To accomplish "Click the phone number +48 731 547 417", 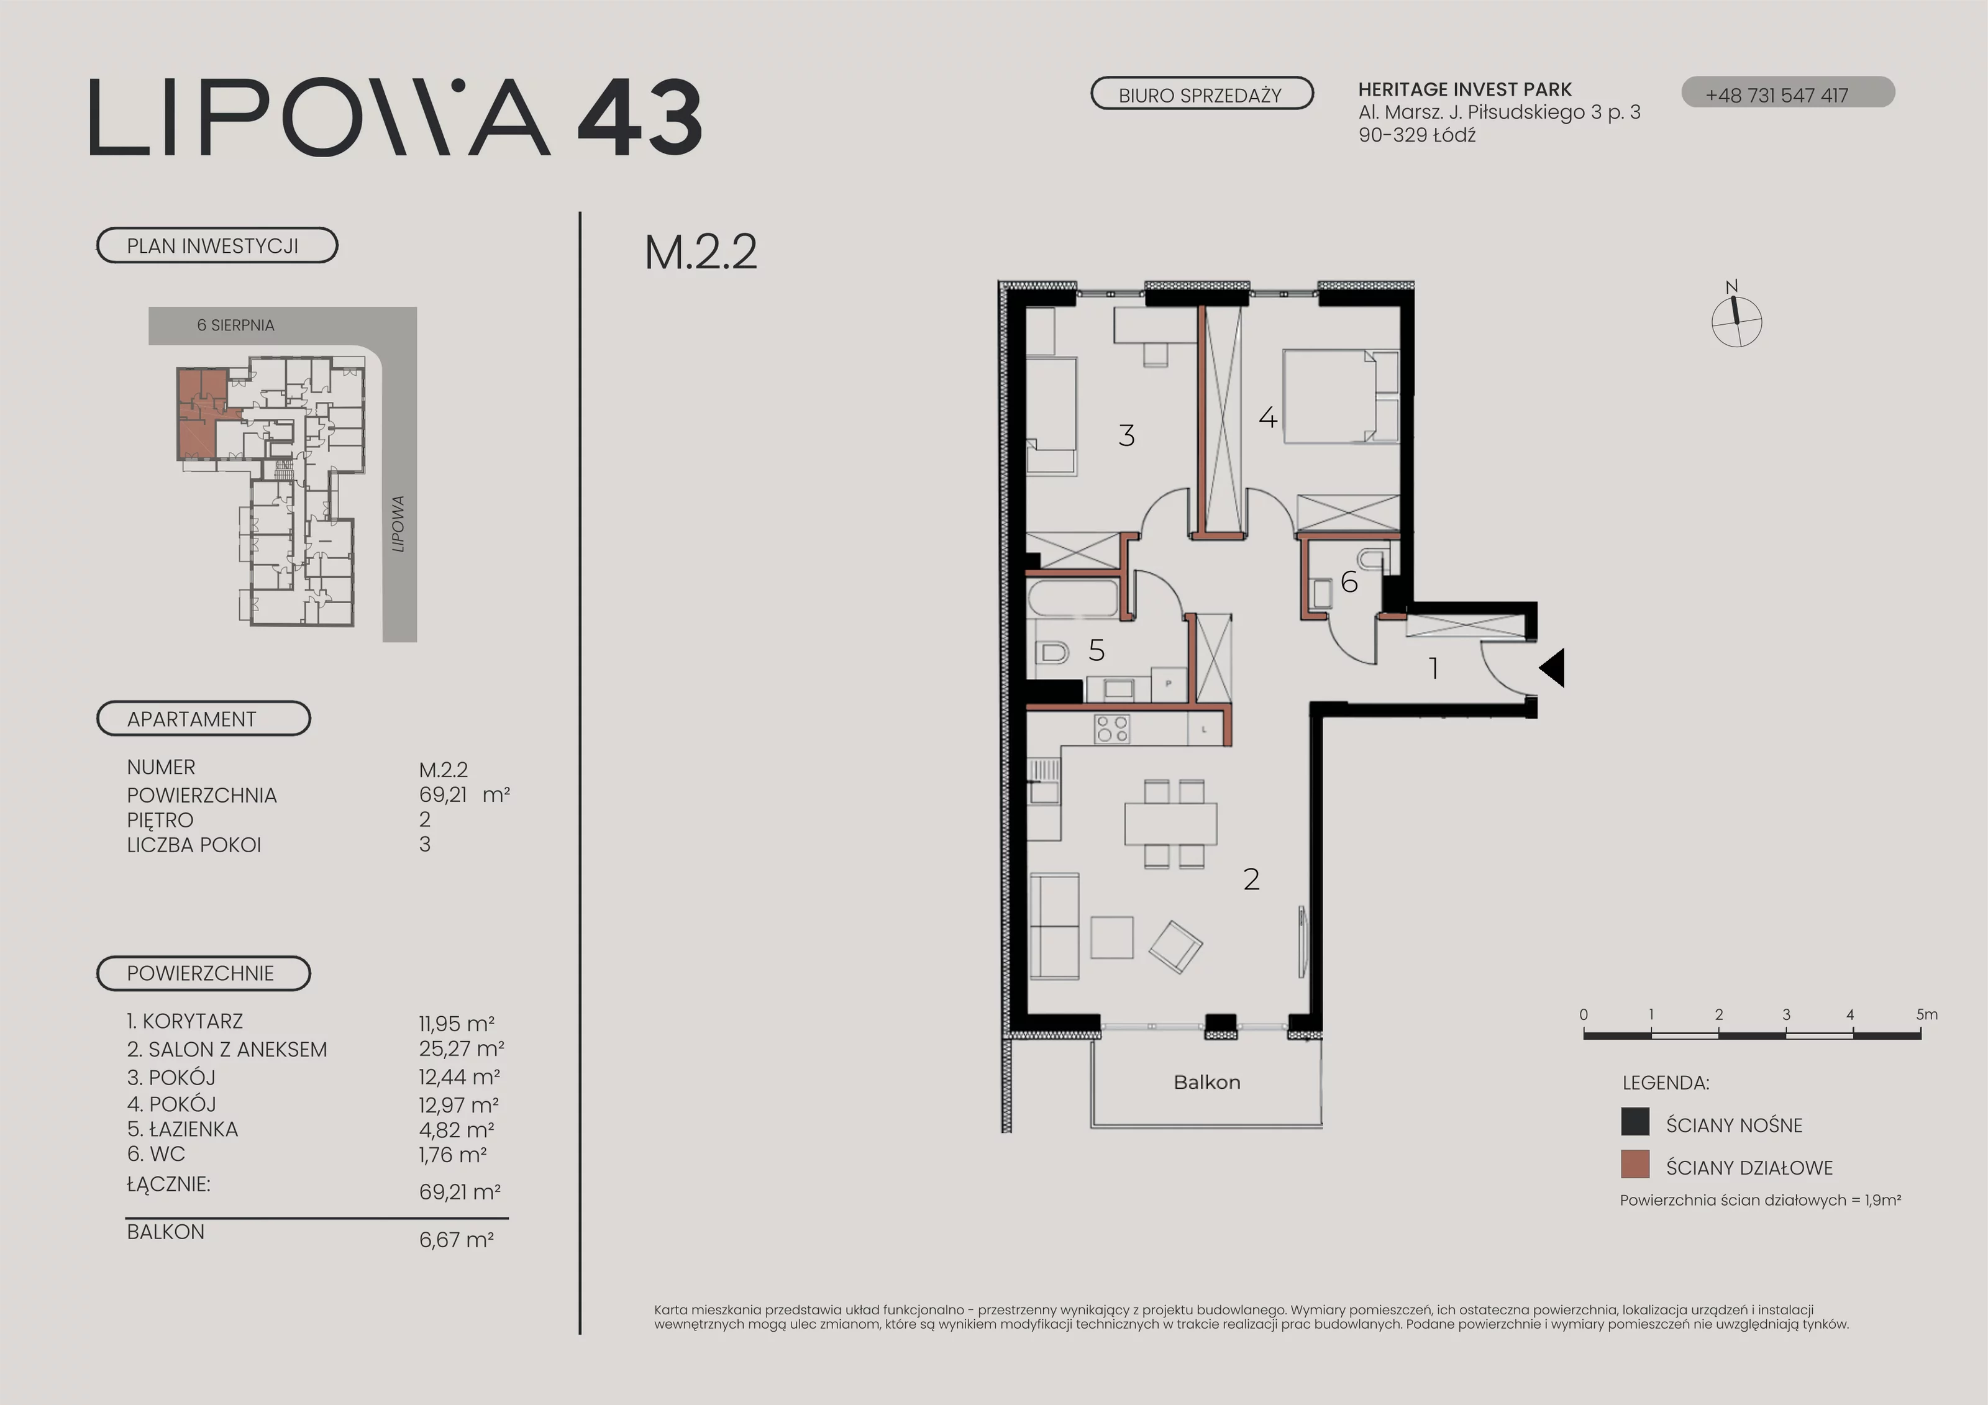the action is tap(1777, 95).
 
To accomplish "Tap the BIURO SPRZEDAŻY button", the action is tap(1201, 94).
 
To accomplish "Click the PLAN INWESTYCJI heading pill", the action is tap(216, 245).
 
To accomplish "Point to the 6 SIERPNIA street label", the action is tap(235, 325).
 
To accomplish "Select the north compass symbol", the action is tap(1736, 316).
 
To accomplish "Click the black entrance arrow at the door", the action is tap(1552, 668).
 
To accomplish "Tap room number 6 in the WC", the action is tap(1349, 582).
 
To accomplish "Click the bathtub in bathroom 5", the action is tap(1074, 598).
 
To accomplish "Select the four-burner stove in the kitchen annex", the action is tap(1112, 729).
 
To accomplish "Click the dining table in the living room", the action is tap(1170, 823).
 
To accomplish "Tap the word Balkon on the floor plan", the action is tap(1207, 1082).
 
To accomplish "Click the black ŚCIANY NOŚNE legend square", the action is tap(1635, 1122).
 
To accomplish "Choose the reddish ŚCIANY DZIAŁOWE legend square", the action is tap(1635, 1165).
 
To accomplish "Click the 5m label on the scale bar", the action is tap(1926, 1014).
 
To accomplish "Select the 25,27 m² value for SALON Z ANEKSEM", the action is tap(462, 1049).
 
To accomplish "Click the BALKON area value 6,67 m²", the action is tap(456, 1240).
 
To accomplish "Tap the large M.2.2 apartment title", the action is tap(701, 252).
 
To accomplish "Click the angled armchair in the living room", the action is tap(1175, 946).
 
